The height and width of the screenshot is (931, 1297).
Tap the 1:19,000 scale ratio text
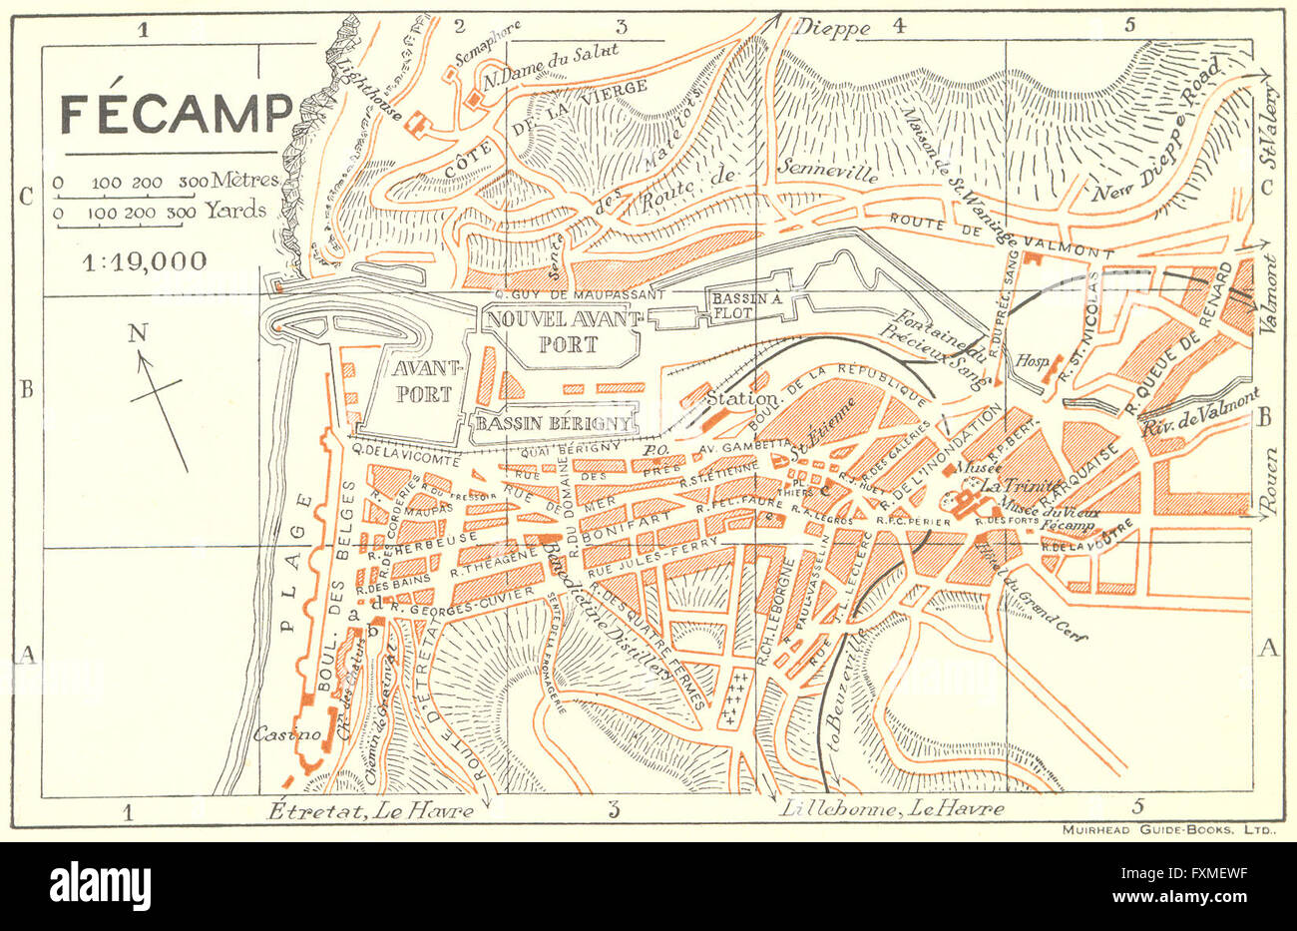click(x=146, y=261)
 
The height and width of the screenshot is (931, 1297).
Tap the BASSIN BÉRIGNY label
click(x=554, y=423)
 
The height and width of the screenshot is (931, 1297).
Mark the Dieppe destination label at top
click(x=832, y=29)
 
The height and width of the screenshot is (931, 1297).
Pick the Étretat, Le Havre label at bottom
click(x=371, y=810)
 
